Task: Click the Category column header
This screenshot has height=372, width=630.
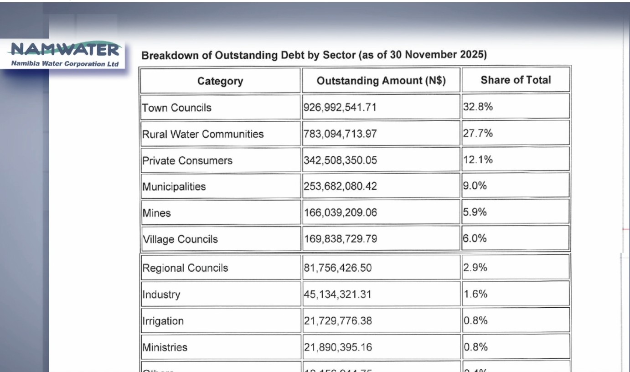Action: [x=220, y=81]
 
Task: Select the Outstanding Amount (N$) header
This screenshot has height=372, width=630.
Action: [x=381, y=81]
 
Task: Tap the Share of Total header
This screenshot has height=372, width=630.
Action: [x=516, y=80]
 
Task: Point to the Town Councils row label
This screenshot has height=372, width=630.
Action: [x=177, y=108]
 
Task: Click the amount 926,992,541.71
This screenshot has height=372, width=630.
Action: [x=340, y=108]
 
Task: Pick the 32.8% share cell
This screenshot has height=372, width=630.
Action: [x=478, y=107]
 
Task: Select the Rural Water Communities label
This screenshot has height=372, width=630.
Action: [x=203, y=134]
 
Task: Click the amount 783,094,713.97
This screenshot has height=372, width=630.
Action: [x=340, y=134]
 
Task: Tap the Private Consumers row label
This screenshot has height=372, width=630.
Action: [x=187, y=160]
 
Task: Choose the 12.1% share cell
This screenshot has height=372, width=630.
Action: [x=478, y=160]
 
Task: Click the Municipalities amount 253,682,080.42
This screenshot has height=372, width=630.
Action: [x=340, y=186]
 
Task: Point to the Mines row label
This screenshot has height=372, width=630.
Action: [x=156, y=213]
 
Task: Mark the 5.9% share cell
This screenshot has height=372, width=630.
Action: [x=475, y=212]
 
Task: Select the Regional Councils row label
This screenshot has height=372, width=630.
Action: [x=185, y=268]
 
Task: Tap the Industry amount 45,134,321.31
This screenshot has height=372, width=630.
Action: [x=337, y=294]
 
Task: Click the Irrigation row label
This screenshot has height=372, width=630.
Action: [x=163, y=321]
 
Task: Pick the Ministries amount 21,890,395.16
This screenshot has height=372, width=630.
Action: [x=338, y=347]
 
